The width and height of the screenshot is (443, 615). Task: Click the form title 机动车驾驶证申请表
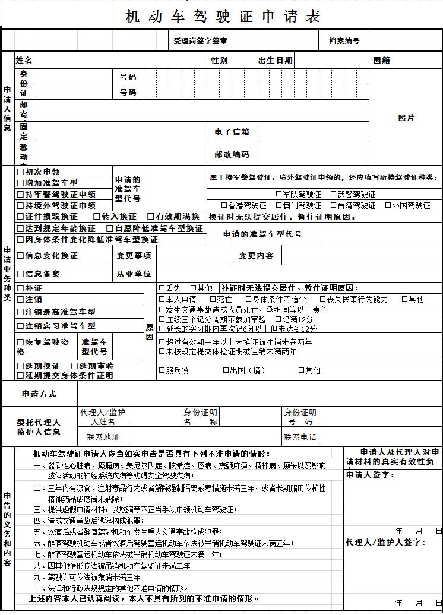(223, 17)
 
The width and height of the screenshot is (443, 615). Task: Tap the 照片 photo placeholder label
(406, 118)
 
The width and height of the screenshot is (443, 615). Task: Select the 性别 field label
(219, 61)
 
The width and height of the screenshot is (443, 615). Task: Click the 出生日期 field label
(275, 61)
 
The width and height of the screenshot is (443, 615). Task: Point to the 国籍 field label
(382, 61)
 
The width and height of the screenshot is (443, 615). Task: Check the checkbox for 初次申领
(20, 172)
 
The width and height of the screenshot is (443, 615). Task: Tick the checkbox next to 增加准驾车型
(20, 183)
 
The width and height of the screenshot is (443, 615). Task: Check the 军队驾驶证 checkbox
(279, 194)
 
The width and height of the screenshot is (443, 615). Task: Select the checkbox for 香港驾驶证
(224, 205)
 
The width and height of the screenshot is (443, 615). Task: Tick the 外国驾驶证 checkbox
(388, 205)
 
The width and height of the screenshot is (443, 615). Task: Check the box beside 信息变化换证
(20, 256)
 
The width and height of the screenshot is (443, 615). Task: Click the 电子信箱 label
(232, 132)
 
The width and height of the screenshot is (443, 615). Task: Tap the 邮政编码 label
(232, 154)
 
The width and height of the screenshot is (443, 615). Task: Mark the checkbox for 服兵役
(162, 370)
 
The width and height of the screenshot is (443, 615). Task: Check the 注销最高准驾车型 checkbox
(20, 312)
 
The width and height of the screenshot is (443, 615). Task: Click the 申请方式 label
(39, 394)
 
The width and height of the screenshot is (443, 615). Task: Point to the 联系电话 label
(300, 438)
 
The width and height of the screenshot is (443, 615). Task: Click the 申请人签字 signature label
(371, 475)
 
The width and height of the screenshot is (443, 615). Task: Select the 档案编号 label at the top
(344, 41)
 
